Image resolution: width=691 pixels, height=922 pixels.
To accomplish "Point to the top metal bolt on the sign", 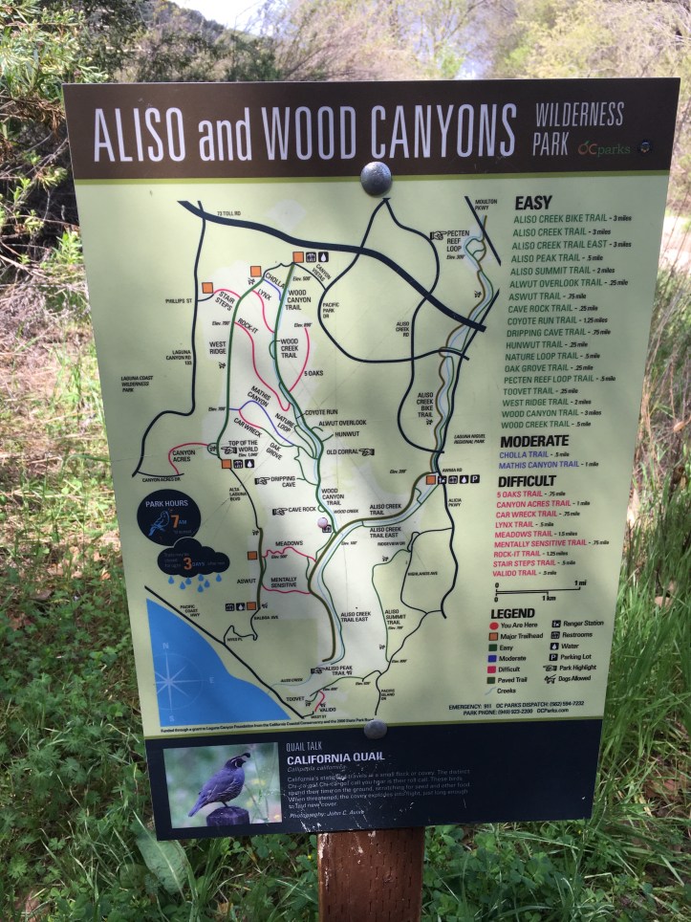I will point(376,177).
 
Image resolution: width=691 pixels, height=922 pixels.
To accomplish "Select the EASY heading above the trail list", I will point(532,204).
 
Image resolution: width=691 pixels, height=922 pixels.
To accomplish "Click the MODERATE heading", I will point(540,440).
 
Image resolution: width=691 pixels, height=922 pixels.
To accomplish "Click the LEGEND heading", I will point(512,613).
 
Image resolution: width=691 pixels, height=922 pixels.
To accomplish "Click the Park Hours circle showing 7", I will point(168,519).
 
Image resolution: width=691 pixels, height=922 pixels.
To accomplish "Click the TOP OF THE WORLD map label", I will point(241,447).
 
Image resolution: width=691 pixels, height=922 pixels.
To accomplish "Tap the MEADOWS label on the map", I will point(289,544).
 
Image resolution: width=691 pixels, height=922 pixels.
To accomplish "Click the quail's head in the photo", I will point(239,762).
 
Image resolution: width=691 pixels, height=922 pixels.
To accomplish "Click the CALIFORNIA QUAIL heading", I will point(336,757).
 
